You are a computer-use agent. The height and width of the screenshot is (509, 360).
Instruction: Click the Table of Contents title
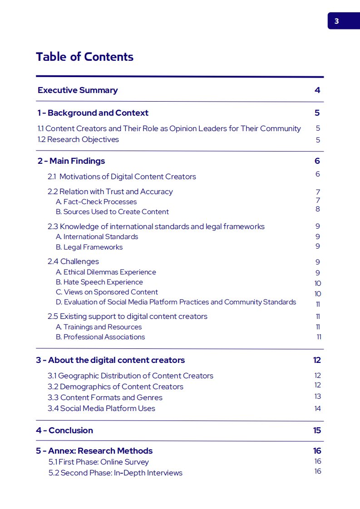84,57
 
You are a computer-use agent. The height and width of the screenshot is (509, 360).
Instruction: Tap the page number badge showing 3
336,21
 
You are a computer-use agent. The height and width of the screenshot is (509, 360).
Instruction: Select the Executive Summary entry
78,90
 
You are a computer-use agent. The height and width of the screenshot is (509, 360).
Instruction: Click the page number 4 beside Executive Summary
317,90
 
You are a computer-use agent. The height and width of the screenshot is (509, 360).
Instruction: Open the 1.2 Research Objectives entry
78,140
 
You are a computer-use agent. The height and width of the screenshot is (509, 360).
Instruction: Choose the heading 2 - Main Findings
71,161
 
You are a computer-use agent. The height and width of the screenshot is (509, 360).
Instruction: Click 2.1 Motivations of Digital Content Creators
122,176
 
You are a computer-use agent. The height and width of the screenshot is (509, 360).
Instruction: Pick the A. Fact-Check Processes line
96,202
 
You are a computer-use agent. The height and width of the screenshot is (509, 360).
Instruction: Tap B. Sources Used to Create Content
112,212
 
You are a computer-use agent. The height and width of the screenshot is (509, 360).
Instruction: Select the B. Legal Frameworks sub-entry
89,247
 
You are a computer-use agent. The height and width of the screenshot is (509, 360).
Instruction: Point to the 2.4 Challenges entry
73,262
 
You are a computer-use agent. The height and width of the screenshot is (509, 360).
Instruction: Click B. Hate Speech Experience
99,282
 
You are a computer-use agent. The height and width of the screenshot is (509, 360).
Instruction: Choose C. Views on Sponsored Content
107,292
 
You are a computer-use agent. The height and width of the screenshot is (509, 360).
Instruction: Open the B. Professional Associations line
100,337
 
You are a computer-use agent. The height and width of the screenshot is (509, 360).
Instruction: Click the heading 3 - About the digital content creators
110,360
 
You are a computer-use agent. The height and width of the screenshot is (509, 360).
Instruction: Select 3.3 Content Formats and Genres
105,397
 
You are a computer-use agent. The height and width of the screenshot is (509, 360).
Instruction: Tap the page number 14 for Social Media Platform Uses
317,409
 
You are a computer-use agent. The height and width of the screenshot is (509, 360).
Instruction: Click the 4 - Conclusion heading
64,431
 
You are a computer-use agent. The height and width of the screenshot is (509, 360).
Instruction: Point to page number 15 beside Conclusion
317,431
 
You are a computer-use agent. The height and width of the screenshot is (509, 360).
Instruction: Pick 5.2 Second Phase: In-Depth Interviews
115,473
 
